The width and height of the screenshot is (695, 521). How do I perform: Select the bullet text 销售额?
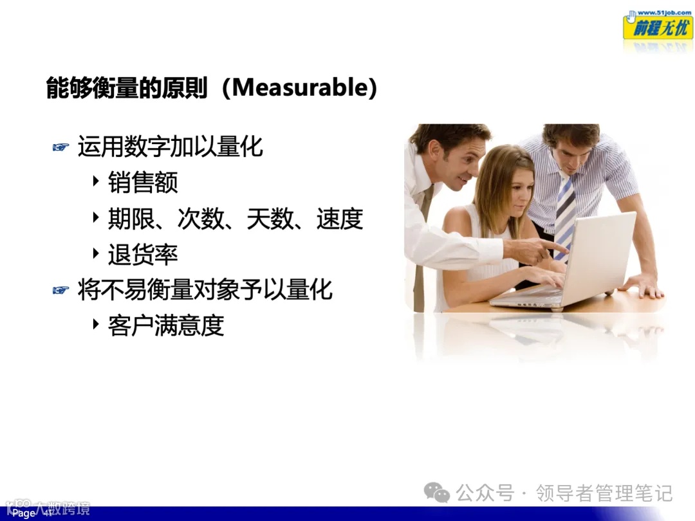tap(142, 183)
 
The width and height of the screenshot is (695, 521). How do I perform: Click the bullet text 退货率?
tap(142, 255)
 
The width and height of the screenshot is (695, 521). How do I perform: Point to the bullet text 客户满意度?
tap(165, 326)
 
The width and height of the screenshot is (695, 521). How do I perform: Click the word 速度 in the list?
tap(340, 220)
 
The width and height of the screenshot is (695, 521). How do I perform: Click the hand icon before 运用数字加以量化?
tap(60, 148)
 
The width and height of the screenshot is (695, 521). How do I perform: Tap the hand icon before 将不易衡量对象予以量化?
tap(60, 290)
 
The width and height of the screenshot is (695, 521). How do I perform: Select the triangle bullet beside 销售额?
tap(96, 181)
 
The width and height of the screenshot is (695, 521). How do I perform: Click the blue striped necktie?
tap(564, 212)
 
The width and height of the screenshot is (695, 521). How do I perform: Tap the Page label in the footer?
tap(24, 513)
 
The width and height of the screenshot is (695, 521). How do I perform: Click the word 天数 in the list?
tap(270, 220)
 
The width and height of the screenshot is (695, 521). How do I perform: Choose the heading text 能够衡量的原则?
tap(127, 87)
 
